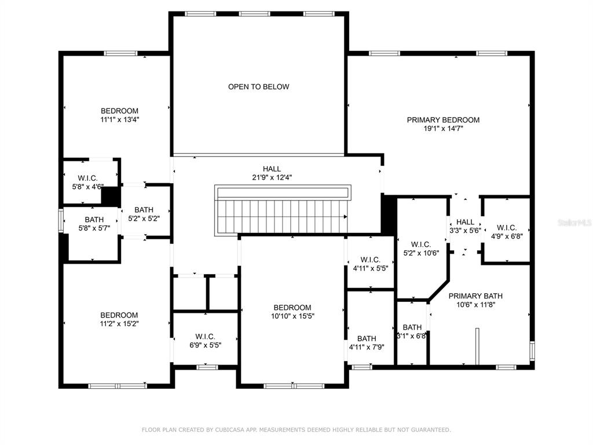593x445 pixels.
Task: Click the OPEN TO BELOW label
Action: [259, 87]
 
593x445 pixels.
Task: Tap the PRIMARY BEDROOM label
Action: [443, 120]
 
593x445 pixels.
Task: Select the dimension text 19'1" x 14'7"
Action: [443, 129]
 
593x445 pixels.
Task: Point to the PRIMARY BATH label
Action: [475, 296]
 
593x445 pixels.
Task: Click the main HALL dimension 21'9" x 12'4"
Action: [272, 177]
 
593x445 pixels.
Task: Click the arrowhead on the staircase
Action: [345, 217]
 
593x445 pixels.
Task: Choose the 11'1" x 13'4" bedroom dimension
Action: [119, 119]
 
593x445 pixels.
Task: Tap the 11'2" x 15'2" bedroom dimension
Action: [119, 324]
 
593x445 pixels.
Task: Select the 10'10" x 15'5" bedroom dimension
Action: [292, 316]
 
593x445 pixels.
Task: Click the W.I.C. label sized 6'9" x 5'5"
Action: [206, 337]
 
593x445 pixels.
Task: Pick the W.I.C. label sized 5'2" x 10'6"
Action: [421, 245]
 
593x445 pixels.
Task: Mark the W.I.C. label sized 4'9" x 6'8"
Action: [507, 227]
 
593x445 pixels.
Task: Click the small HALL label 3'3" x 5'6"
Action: [465, 222]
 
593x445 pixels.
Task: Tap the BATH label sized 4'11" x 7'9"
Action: [367, 338]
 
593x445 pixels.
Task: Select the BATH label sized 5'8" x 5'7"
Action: [94, 220]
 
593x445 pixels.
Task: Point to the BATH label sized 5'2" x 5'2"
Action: [144, 210]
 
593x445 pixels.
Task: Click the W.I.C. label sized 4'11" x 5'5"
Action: [370, 260]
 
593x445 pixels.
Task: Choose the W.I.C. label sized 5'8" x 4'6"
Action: [88, 178]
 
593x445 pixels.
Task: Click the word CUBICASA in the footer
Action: [228, 430]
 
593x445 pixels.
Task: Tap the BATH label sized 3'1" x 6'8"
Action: [412, 327]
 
